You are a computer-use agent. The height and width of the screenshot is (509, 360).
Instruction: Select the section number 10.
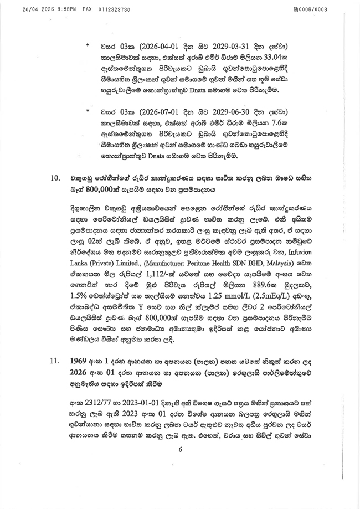[54, 178]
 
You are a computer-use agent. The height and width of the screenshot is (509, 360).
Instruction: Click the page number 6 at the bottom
[180, 480]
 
